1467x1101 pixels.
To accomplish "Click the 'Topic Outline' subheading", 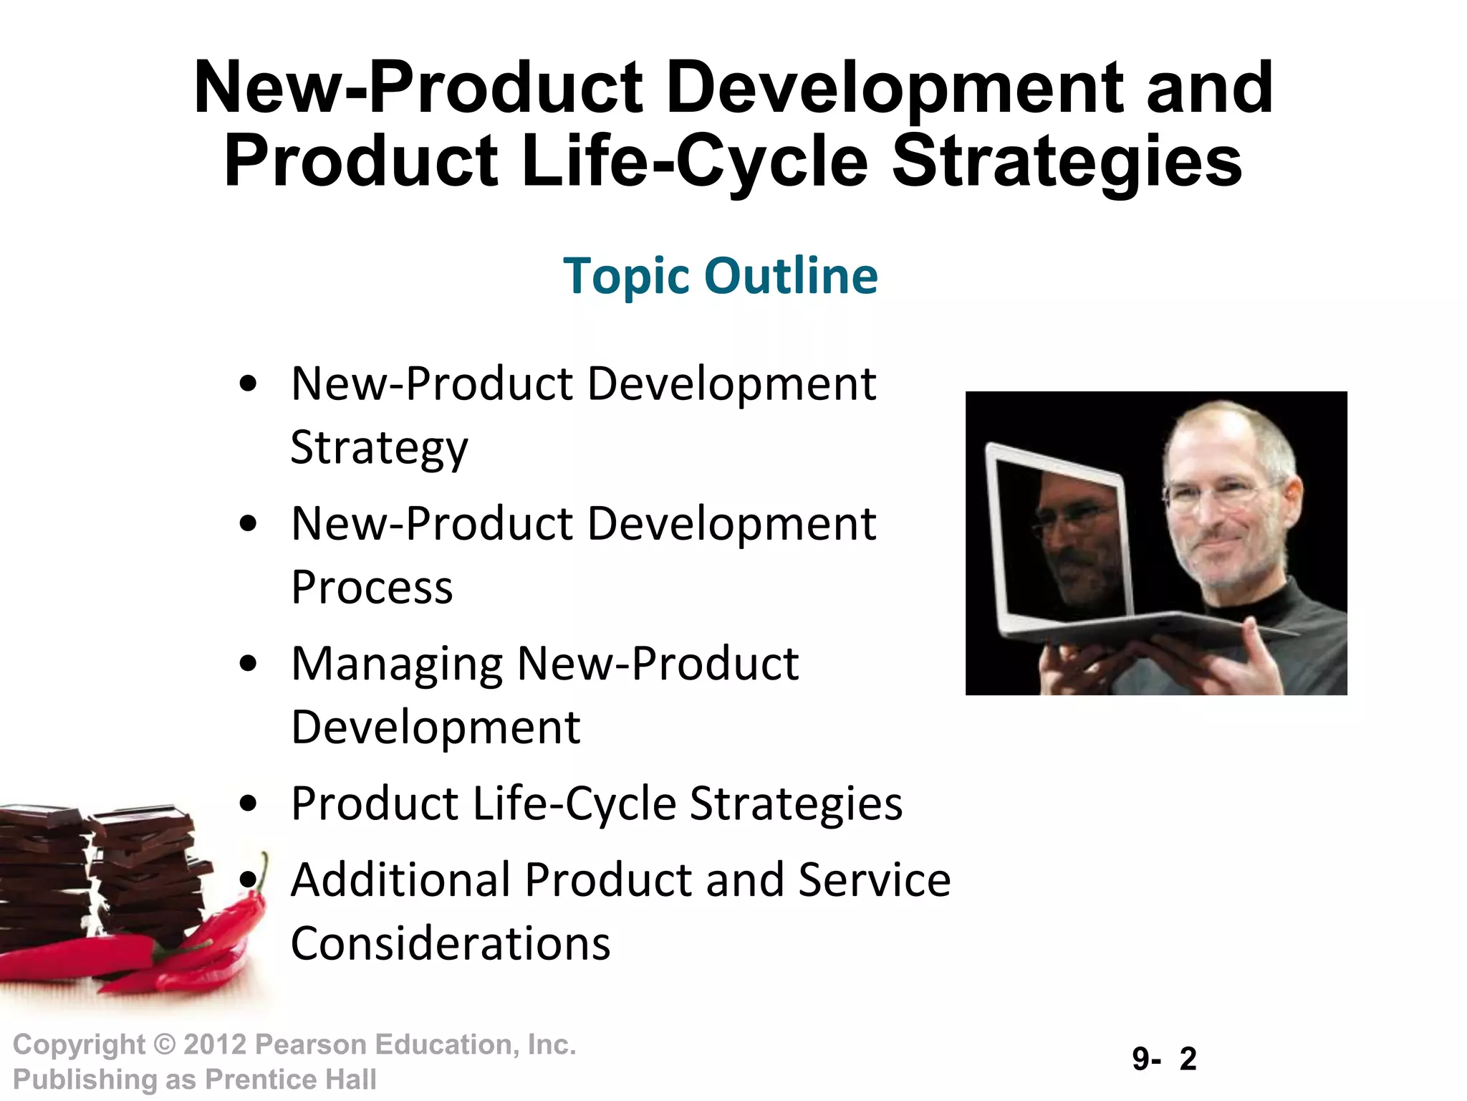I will (720, 276).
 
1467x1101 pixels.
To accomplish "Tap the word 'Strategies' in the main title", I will (1067, 161).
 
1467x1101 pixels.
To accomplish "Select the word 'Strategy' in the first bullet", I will (379, 448).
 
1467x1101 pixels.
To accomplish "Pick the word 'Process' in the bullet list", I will (372, 588).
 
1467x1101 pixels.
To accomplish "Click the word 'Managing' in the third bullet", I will (397, 664).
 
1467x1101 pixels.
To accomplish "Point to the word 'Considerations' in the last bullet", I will (451, 943).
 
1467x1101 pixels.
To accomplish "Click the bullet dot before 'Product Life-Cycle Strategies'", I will (248, 804).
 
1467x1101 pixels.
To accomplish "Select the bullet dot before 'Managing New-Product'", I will (248, 664).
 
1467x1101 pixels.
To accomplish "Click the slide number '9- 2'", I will (1164, 1059).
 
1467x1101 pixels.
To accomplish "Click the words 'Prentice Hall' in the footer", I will (290, 1079).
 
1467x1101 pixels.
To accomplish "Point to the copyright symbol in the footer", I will (165, 1045).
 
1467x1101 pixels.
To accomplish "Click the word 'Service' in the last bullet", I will (874, 880).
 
